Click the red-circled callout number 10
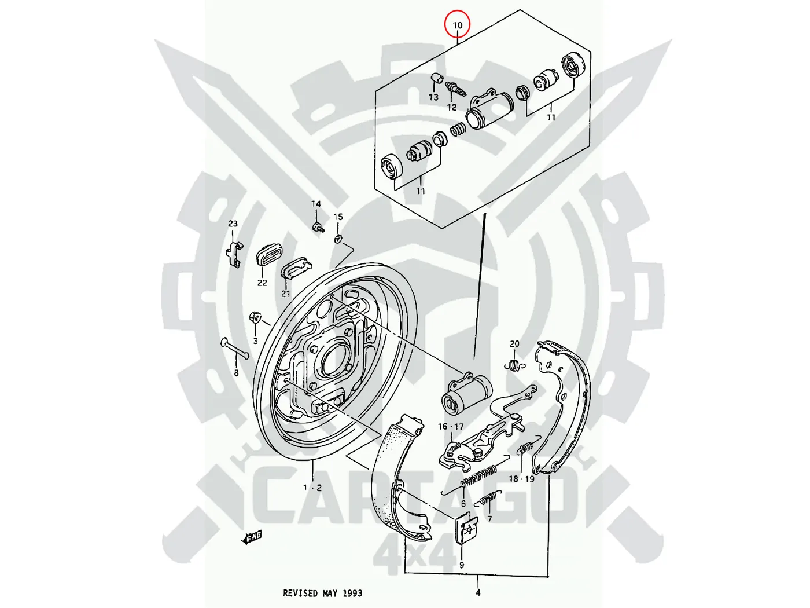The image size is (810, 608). [x=457, y=25]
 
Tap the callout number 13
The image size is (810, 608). [x=433, y=97]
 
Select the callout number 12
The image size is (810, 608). [x=452, y=107]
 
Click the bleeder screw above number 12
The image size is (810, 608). [x=456, y=89]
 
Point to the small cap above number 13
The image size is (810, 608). [x=437, y=78]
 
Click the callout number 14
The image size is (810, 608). [x=316, y=204]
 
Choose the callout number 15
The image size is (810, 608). [x=338, y=217]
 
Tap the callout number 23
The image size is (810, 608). [x=233, y=224]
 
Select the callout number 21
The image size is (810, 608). [x=286, y=294]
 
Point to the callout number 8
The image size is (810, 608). [x=236, y=373]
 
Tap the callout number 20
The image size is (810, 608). [x=514, y=344]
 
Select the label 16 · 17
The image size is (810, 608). [x=451, y=427]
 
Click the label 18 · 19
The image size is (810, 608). [x=521, y=479]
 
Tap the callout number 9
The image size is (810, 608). [x=462, y=565]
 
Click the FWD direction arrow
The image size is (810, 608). [x=253, y=537]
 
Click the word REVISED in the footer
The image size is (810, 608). [x=301, y=593]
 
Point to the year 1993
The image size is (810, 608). [x=352, y=593]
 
